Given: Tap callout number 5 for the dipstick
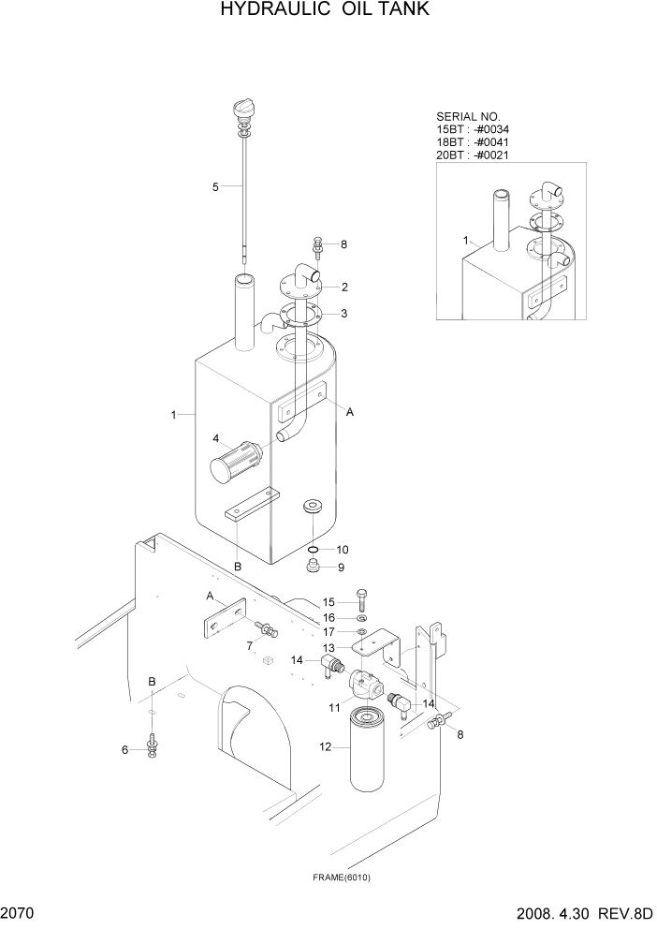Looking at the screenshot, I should (215, 186).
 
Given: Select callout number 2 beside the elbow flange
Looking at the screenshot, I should (344, 287).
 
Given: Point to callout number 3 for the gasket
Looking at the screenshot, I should (344, 313).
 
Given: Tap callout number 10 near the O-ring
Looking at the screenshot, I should (343, 549).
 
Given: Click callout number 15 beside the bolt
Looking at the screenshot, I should (328, 602).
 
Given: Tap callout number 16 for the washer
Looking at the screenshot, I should (328, 618).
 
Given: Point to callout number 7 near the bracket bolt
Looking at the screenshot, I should (249, 646).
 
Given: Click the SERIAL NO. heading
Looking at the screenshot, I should (464, 117).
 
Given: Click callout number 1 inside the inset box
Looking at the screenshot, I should (465, 241).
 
